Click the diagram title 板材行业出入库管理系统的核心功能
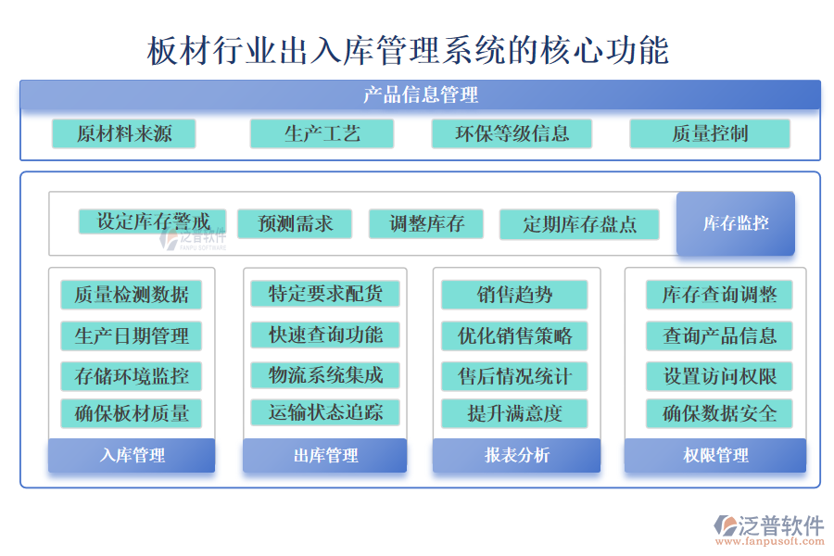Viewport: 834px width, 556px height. pyautogui.click(x=408, y=51)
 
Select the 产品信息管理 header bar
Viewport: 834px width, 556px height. pyautogui.click(x=420, y=95)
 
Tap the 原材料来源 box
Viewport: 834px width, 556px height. pyautogui.click(x=124, y=133)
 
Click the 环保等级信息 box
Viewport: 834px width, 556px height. pyautogui.click(x=512, y=133)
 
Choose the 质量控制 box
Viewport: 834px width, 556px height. pyautogui.click(x=710, y=133)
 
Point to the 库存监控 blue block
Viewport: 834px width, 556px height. pyautogui.click(x=736, y=223)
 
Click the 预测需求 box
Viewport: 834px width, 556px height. pyautogui.click(x=295, y=223)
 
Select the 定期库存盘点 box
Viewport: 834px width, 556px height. pyautogui.click(x=579, y=224)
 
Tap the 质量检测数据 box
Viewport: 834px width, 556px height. pyautogui.click(x=132, y=295)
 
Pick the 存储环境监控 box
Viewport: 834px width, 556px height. pyautogui.click(x=132, y=376)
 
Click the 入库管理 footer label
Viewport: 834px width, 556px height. pyautogui.click(x=132, y=455)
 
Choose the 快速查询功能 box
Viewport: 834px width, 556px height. pyautogui.click(x=325, y=335)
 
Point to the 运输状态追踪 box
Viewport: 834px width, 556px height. pyautogui.click(x=325, y=412)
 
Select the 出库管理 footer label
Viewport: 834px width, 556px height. pyautogui.click(x=325, y=455)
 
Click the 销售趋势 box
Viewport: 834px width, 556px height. pyautogui.click(x=514, y=295)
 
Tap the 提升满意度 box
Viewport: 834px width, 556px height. pyautogui.click(x=514, y=413)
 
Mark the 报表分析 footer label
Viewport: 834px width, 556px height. pyautogui.click(x=516, y=455)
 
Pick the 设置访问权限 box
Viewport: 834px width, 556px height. pyautogui.click(x=720, y=376)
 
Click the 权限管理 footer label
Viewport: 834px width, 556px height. pyautogui.click(x=715, y=455)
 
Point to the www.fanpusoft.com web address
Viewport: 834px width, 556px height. pyautogui.click(x=770, y=541)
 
